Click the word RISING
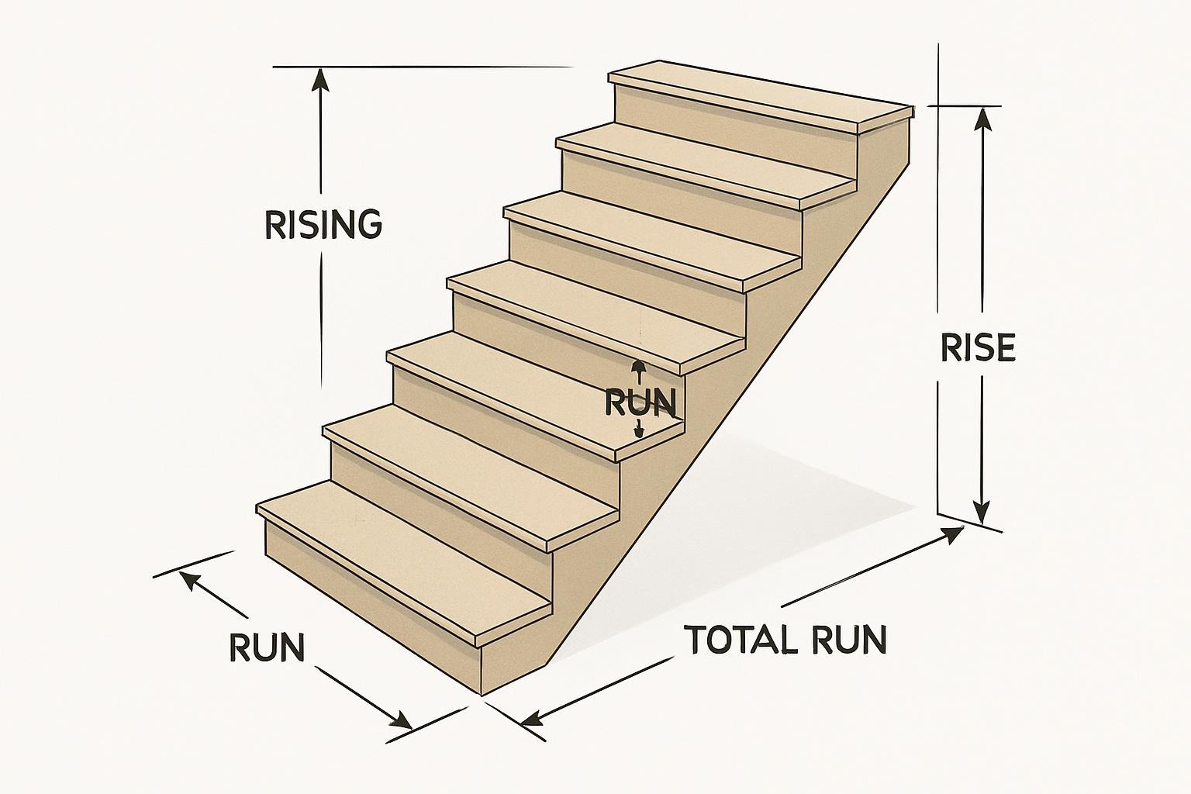[323, 225]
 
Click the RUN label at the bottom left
[267, 647]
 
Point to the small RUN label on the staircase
[639, 402]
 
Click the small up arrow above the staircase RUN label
[637, 368]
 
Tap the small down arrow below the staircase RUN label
[638, 431]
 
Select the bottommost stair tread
[403, 558]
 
